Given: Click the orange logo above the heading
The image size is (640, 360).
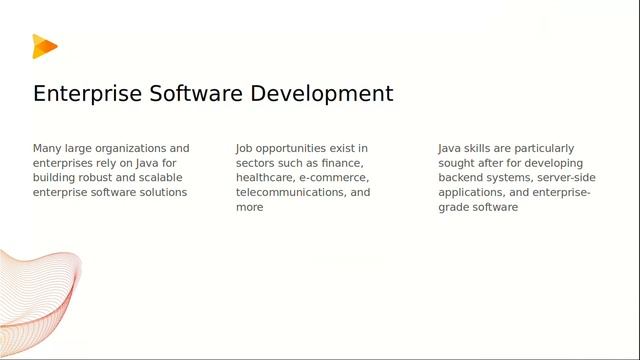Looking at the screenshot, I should [44, 46].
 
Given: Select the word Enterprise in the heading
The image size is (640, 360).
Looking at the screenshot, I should [87, 94].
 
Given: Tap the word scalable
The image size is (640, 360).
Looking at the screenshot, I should [158, 177].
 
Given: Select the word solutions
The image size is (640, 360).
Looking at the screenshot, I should [162, 192].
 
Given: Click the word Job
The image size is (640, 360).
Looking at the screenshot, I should [245, 148].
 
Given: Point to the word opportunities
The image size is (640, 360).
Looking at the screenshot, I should [297, 148].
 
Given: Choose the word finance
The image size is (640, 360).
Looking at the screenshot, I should [341, 163].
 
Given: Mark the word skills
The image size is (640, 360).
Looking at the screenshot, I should [480, 148].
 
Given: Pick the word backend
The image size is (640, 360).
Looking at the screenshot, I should [464, 177].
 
